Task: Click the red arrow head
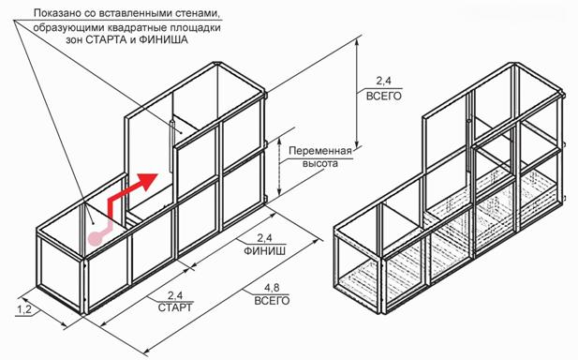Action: click(x=147, y=180)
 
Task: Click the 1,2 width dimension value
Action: click(x=24, y=309)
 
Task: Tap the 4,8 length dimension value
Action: click(x=272, y=287)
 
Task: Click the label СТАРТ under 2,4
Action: click(x=175, y=307)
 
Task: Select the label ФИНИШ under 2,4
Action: click(x=265, y=251)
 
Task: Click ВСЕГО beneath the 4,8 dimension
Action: click(x=272, y=300)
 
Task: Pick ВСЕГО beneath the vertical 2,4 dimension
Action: click(x=383, y=96)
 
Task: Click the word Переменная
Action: click(x=320, y=151)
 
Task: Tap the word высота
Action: click(x=320, y=163)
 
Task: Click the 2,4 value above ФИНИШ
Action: click(x=264, y=238)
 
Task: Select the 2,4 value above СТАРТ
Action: click(x=175, y=295)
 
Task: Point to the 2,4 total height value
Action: click(x=383, y=80)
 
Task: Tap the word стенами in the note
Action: click(x=202, y=14)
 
